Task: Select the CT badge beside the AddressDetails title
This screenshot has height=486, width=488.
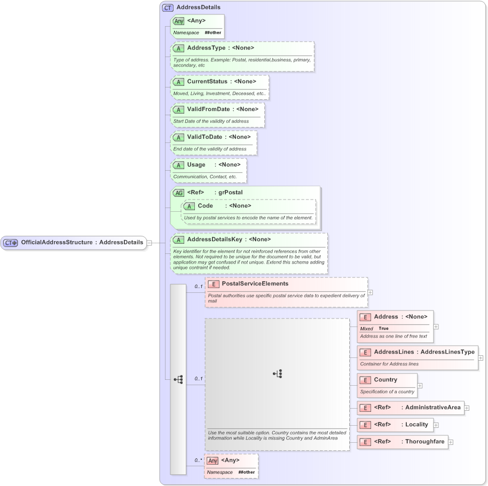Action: coord(168,7)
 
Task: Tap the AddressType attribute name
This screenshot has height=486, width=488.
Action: coord(206,48)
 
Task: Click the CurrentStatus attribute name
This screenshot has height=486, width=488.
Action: coord(207,82)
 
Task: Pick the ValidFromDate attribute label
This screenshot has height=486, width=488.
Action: coord(208,109)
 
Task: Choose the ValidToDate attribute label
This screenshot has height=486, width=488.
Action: coord(204,137)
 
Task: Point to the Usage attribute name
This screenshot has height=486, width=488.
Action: coord(196,165)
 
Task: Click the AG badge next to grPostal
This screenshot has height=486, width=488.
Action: coord(178,193)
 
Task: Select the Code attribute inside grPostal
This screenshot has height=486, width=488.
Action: coord(206,206)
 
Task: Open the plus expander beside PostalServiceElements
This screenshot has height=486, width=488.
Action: coord(371,292)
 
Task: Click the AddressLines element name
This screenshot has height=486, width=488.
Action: coord(393,352)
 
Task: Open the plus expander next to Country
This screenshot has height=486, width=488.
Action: coord(420,385)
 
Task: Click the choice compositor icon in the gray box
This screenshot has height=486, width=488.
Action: coord(277,374)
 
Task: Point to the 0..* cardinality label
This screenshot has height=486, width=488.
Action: coord(198,460)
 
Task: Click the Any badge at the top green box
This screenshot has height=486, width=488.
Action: coord(179,21)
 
